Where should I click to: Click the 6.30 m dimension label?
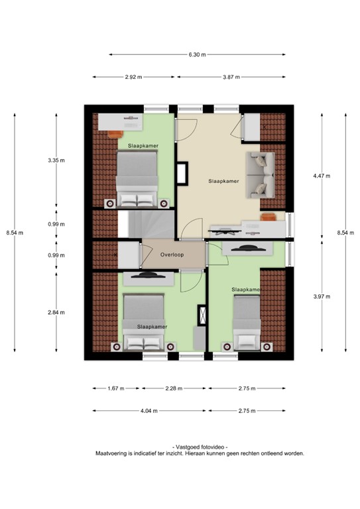pyautogui.click(x=198, y=54)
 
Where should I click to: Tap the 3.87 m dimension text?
pyautogui.click(x=231, y=78)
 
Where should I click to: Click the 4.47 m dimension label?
pyautogui.click(x=322, y=176)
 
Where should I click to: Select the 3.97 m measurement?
pyautogui.click(x=322, y=296)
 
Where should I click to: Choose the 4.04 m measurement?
pyautogui.click(x=149, y=411)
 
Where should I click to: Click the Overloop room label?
pyautogui.click(x=172, y=254)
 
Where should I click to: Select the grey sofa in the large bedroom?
pyautogui.click(x=259, y=174)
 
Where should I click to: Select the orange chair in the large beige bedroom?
pyautogui.click(x=267, y=218)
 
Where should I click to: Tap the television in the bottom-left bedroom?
pyautogui.click(x=144, y=276)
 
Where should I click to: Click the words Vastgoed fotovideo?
pyautogui.click(x=199, y=447)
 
